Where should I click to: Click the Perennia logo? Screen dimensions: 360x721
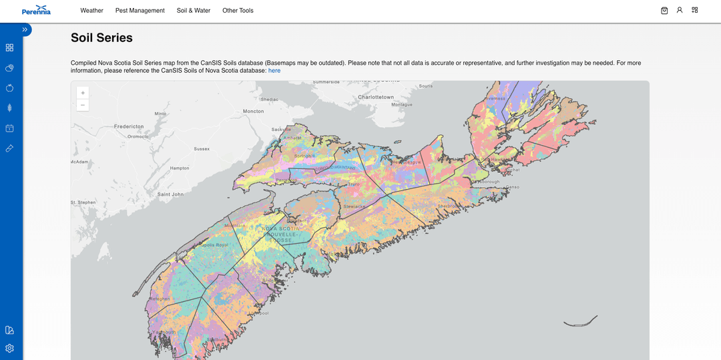coord(36,10)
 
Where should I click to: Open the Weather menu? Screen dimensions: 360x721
coord(91,11)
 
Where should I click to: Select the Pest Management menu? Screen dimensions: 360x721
coord(140,11)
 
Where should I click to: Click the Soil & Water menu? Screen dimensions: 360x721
coord(193,11)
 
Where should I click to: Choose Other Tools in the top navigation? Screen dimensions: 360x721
coord(238,11)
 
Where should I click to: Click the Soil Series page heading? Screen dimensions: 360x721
coord(101,38)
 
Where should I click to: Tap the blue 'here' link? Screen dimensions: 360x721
coord(274,70)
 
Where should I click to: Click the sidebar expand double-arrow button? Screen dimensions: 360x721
coord(25,29)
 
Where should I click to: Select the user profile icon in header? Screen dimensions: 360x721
coord(680,10)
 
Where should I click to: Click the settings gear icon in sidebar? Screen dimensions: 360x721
coord(9,348)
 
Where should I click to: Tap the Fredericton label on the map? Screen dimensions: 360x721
coord(129,126)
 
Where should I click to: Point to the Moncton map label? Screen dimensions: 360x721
coord(253,112)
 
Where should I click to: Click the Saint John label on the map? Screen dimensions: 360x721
coord(170,194)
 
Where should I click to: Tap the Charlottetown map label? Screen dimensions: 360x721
coord(376,97)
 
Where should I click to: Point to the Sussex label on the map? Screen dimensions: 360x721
coord(202,149)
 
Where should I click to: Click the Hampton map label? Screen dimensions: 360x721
coord(180,168)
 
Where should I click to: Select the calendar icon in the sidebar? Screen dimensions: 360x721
coord(9,128)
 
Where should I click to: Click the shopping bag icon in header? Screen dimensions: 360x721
coord(664,10)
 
